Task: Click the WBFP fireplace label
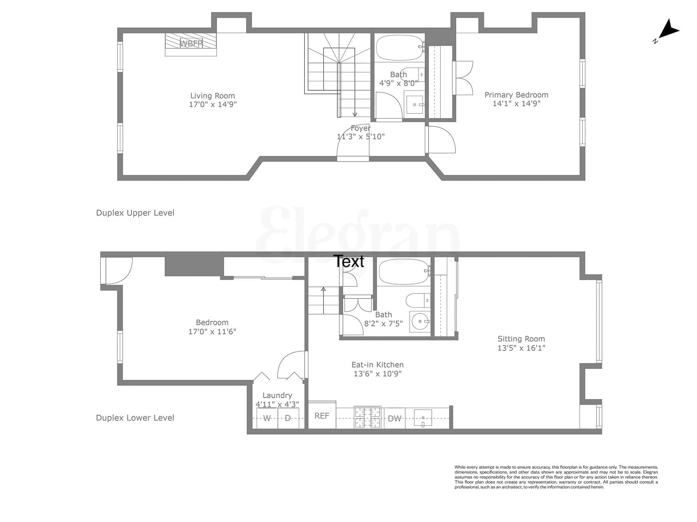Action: tap(191, 43)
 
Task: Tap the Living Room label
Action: tap(212, 96)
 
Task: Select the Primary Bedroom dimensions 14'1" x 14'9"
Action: tap(516, 104)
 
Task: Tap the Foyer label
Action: tap(361, 128)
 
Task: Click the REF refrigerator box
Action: tap(322, 416)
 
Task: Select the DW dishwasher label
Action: tap(394, 418)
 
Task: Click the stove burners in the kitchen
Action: tap(367, 417)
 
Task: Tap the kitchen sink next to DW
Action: tap(423, 418)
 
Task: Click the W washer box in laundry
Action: tap(267, 418)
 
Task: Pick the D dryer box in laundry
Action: tap(288, 418)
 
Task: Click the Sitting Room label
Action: tap(521, 339)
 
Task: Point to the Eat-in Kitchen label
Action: tap(377, 365)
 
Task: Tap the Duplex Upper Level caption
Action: tap(135, 213)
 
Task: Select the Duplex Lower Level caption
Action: tap(135, 418)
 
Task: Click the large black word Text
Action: tap(349, 261)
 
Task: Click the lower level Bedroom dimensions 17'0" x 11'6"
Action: tap(212, 332)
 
